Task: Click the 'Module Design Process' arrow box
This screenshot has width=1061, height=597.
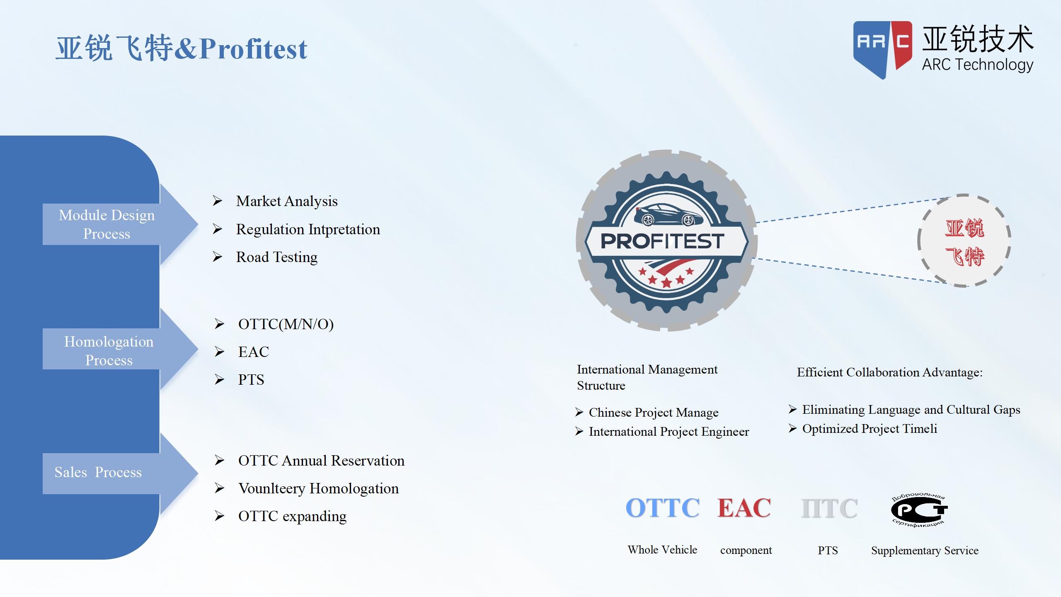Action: coord(120,224)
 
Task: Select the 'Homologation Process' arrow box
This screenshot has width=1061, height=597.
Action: coord(120,349)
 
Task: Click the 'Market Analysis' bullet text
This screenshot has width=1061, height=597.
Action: coord(287,201)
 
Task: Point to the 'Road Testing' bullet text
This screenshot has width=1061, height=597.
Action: coord(277,257)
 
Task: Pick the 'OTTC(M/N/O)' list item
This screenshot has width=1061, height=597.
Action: coord(286,324)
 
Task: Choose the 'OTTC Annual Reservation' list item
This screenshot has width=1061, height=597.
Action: coord(321,461)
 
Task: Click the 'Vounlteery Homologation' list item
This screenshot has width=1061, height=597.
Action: coord(318,488)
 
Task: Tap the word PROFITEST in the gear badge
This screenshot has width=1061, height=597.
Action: coord(662,241)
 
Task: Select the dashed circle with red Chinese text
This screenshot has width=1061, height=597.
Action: coord(964,240)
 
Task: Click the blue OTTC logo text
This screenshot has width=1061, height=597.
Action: coord(663,508)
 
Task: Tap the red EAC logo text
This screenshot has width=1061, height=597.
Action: coord(744,508)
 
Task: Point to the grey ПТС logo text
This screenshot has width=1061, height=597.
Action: coord(829,508)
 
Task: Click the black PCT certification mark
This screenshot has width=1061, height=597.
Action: coord(919,510)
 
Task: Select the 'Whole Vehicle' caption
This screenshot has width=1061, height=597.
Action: coord(662,550)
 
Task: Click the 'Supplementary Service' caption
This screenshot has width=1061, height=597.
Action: coord(925,551)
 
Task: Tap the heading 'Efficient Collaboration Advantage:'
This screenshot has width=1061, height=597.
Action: coord(890,372)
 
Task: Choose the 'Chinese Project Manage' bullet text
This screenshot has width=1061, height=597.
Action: coord(654,413)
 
